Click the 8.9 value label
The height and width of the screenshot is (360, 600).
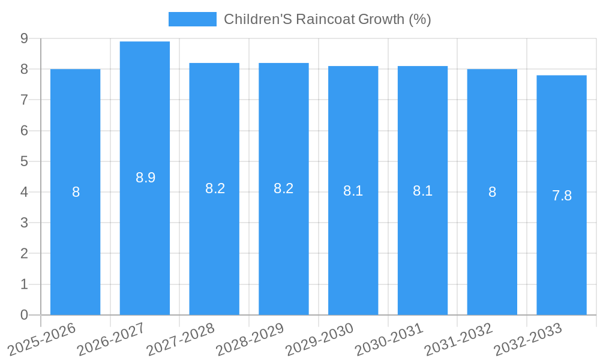[x=145, y=178]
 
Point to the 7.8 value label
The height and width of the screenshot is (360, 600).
[x=562, y=196]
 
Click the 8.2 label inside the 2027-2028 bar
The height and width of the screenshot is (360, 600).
[x=215, y=188]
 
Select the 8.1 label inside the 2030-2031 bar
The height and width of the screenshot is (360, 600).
[x=422, y=191]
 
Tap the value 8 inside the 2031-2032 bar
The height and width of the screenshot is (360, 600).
[x=492, y=192]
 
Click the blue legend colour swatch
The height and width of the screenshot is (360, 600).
[x=192, y=19]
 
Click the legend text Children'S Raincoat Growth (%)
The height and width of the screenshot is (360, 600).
[x=328, y=19]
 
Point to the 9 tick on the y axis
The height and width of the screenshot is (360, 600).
[x=24, y=38]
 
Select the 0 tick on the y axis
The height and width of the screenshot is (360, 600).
[x=24, y=315]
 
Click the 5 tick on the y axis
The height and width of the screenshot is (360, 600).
[x=24, y=161]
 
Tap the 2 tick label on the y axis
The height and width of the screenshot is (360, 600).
[x=24, y=254]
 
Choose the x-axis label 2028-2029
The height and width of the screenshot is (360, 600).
[x=250, y=339]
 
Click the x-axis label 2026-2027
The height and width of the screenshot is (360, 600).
[x=111, y=339]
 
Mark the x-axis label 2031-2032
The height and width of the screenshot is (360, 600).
[x=458, y=339]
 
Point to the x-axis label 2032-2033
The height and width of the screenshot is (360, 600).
[x=528, y=339]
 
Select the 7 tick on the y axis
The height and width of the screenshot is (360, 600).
[x=24, y=100]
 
